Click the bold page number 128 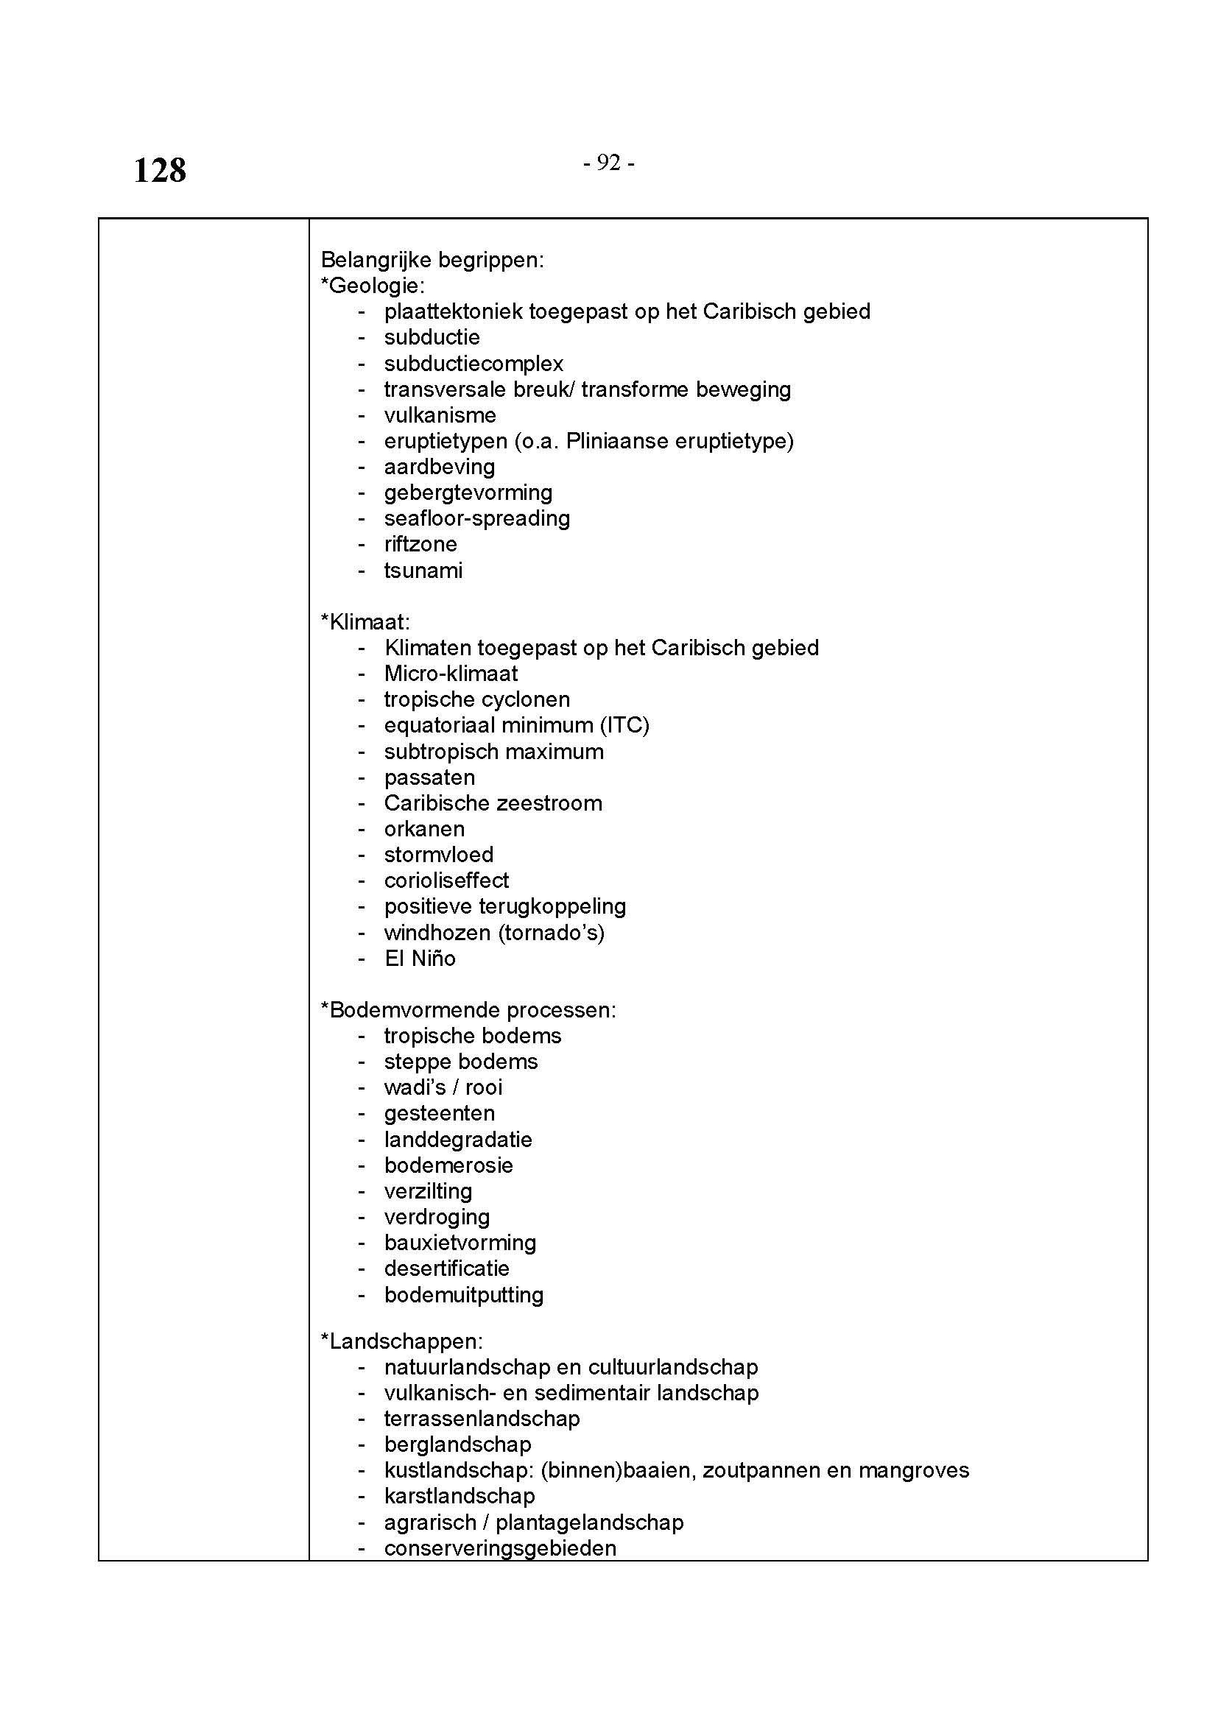(160, 171)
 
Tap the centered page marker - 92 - (608, 163)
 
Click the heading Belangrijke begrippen (432, 260)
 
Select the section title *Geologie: (373, 286)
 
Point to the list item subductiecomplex (474, 364)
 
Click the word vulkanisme (440, 415)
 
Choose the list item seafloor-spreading (477, 519)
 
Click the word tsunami (423, 571)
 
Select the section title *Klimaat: (365, 622)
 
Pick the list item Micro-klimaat (451, 674)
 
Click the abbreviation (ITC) (624, 725)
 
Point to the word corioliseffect (446, 881)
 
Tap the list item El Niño (420, 959)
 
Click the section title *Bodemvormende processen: (468, 1010)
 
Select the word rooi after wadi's (484, 1087)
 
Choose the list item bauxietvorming (460, 1243)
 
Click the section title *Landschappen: (402, 1341)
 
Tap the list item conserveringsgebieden (500, 1548)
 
